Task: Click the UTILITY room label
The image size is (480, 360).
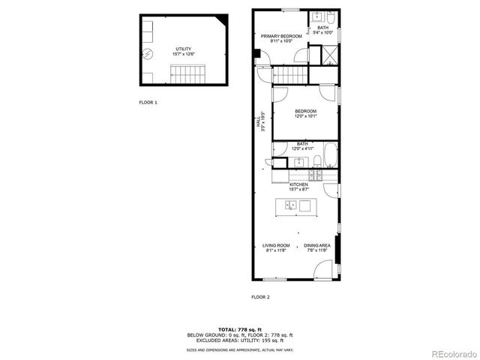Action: pos(183,50)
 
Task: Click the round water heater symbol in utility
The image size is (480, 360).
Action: pos(148,53)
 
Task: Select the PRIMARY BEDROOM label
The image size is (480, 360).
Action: pos(281,37)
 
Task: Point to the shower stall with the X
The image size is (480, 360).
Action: pos(328,55)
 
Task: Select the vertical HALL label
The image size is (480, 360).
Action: pos(259,121)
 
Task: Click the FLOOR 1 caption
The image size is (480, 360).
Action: pos(148,101)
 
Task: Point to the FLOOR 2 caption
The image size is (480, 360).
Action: pos(260,297)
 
